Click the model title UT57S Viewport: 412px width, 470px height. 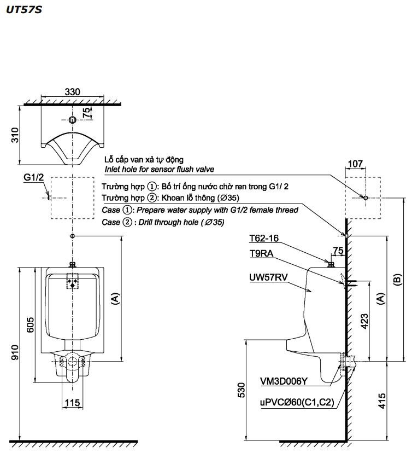[23, 10]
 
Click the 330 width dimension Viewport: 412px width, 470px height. [72, 91]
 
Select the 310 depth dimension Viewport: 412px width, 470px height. [15, 135]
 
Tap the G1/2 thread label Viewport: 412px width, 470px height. [34, 178]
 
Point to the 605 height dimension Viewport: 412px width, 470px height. [31, 325]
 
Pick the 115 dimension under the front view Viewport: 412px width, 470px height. [73, 403]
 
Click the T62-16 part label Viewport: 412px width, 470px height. [263, 238]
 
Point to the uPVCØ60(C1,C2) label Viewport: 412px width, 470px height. [296, 403]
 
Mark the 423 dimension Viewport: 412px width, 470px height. [364, 323]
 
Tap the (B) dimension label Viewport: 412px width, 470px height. [397, 279]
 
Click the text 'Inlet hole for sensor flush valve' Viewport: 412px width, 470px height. [160, 170]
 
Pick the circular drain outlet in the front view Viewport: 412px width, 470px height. [72, 361]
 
